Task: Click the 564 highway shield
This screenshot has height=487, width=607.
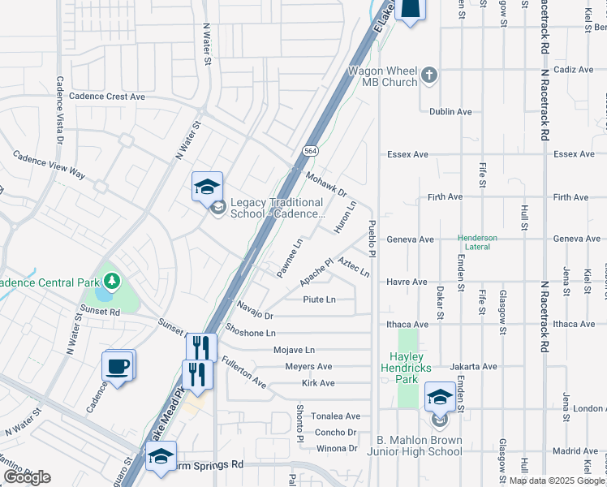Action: (x=310, y=152)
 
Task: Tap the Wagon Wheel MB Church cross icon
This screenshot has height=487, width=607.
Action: (x=429, y=77)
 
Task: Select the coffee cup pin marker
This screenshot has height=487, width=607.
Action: (x=118, y=367)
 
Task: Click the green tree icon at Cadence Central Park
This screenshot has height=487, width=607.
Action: (x=110, y=281)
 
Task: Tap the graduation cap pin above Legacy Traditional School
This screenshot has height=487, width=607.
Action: (x=207, y=187)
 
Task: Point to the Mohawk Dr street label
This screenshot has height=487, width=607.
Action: (x=327, y=185)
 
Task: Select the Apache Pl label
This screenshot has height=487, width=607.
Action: (x=316, y=272)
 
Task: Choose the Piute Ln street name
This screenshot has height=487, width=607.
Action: (x=320, y=300)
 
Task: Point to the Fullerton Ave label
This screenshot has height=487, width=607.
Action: (x=243, y=372)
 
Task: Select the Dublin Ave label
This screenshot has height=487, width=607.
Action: (x=451, y=112)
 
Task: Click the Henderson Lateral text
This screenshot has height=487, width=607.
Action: (x=482, y=243)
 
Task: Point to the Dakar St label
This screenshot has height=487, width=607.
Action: (x=441, y=304)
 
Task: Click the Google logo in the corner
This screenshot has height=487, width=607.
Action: (x=27, y=477)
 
